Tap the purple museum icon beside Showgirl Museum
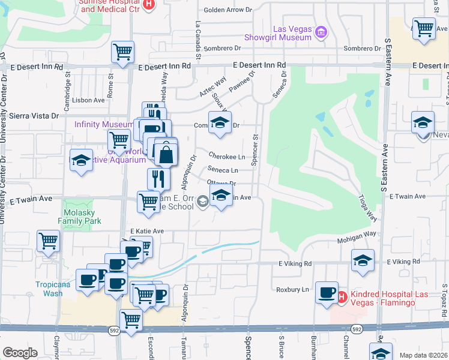coord(321,32)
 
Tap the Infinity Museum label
coord(103,124)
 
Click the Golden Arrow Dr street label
coord(228,10)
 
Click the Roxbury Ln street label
coord(292,289)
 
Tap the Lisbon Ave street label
coord(88,100)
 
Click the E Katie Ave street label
coord(147,231)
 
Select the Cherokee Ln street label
coord(228,157)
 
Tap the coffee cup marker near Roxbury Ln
coord(327,292)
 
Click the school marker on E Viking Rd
coord(363,260)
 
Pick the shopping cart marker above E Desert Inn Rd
coord(122,52)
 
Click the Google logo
coord(20,353)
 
